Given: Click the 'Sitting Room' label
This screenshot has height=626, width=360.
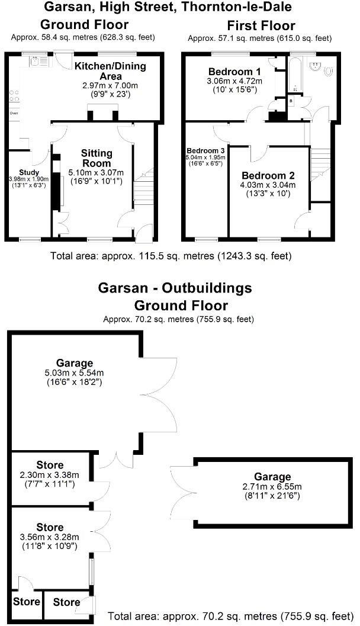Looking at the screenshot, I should (x=96, y=158).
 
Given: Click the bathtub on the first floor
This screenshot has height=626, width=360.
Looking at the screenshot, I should (x=295, y=75).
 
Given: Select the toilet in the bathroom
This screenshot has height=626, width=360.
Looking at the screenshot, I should (x=329, y=70).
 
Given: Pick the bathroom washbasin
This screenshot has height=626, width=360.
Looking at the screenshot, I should (x=314, y=66).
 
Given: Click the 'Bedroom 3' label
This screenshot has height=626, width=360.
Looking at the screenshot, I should (x=205, y=150).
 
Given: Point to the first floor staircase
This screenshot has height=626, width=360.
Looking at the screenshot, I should (x=319, y=166).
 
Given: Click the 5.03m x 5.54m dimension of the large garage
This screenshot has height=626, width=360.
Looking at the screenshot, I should (x=75, y=373).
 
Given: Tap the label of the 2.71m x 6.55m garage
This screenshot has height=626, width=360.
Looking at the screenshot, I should (x=273, y=477).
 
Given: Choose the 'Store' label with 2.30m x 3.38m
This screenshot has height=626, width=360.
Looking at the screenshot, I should (x=50, y=466).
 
